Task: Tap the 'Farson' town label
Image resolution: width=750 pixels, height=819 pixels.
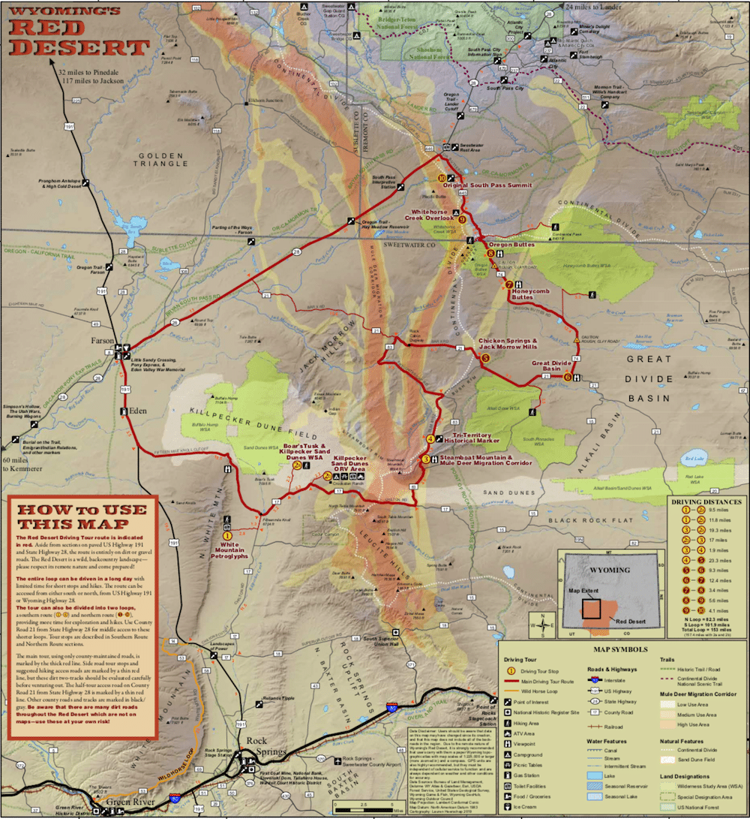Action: pyautogui.click(x=102, y=339)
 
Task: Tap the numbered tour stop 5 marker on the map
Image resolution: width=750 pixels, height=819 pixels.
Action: pyautogui.click(x=485, y=359)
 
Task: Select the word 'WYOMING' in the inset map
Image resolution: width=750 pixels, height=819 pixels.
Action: pyautogui.click(x=610, y=570)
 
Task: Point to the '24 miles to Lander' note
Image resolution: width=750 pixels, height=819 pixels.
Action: pyautogui.click(x=599, y=6)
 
